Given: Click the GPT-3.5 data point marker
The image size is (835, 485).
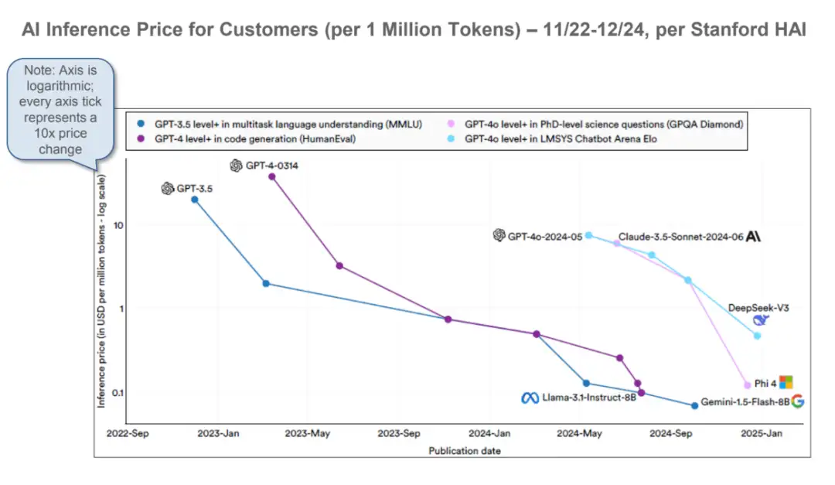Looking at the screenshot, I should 195,200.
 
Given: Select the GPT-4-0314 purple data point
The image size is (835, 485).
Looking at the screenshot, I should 271,176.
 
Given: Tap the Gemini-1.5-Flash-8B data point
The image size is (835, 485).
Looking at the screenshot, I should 694,405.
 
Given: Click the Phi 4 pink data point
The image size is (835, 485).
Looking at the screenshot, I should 747,384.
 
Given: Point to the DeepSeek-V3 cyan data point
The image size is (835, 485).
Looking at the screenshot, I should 757,336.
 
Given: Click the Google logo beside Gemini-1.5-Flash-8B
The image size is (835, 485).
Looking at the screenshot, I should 798,401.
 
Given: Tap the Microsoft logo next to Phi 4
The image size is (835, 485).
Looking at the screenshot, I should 786,382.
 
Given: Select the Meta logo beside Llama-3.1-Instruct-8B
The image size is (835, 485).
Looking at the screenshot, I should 530,398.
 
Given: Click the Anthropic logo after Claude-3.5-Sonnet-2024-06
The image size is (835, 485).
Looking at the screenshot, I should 753,237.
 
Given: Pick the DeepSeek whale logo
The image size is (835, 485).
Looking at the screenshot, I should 762,321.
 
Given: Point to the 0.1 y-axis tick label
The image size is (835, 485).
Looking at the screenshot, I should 118,392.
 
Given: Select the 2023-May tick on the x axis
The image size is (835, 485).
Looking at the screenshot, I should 308,434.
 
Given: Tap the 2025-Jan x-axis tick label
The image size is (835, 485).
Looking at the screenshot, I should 762,434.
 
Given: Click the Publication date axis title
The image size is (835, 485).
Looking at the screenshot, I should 465,450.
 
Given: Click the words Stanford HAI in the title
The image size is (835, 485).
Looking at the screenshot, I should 762,30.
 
